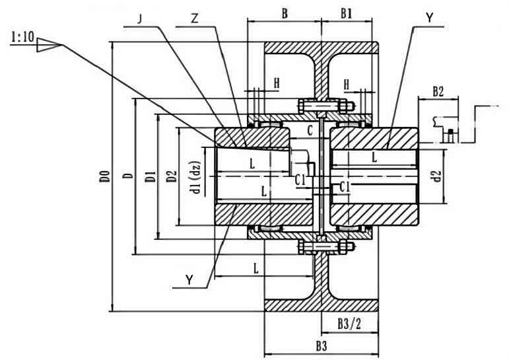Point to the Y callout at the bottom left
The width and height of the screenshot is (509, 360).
pyautogui.click(x=189, y=279)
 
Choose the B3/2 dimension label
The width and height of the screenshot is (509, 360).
pyautogui.click(x=349, y=324)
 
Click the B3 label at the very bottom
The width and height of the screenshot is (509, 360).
pyautogui.click(x=322, y=345)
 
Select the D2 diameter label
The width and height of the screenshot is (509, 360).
pyautogui.click(x=172, y=176)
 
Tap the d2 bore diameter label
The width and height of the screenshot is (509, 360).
pyautogui.click(x=435, y=176)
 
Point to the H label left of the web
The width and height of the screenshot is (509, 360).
pyautogui.click(x=277, y=83)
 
